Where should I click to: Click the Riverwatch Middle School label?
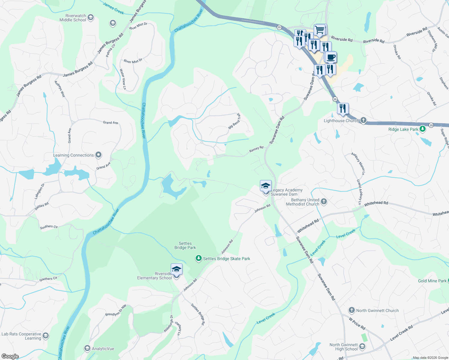click(73, 18)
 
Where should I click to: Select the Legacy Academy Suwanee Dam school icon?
click(266, 186)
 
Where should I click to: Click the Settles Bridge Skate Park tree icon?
click(198, 258)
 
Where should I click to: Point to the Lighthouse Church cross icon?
click(363, 121)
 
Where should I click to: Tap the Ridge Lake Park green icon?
click(423, 129)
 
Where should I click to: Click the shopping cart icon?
click(320, 30)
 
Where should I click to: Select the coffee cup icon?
click(331, 57)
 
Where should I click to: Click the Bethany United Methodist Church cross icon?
click(324, 201)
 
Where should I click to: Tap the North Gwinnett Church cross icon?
click(351, 310)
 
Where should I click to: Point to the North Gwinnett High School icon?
click(362, 347)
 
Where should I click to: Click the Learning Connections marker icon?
click(98, 155)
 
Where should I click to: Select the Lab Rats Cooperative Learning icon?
click(46, 335)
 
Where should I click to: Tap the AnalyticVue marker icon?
click(87, 348)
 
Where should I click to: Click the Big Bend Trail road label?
click(234, 121)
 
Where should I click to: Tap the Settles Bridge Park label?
click(185, 245)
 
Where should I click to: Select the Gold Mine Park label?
click(432, 281)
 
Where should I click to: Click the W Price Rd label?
click(357, 324)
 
